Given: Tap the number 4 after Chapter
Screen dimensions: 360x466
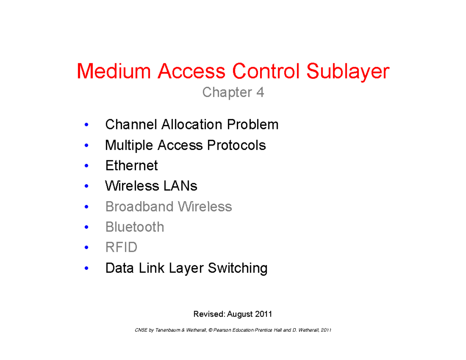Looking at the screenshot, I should [x=260, y=93].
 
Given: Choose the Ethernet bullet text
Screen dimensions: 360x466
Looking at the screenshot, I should [x=131, y=166].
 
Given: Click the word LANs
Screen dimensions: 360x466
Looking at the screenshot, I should [x=180, y=186].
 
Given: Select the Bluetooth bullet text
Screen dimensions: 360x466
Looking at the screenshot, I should [x=134, y=227].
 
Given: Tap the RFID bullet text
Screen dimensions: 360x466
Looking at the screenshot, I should [x=121, y=247].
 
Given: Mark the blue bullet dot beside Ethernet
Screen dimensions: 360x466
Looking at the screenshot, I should [x=86, y=166].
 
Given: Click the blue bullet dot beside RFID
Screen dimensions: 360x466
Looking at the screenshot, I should [x=86, y=248].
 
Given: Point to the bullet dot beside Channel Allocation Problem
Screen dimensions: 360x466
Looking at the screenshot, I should [x=86, y=125].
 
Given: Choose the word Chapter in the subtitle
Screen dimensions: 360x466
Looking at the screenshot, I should [x=227, y=93].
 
